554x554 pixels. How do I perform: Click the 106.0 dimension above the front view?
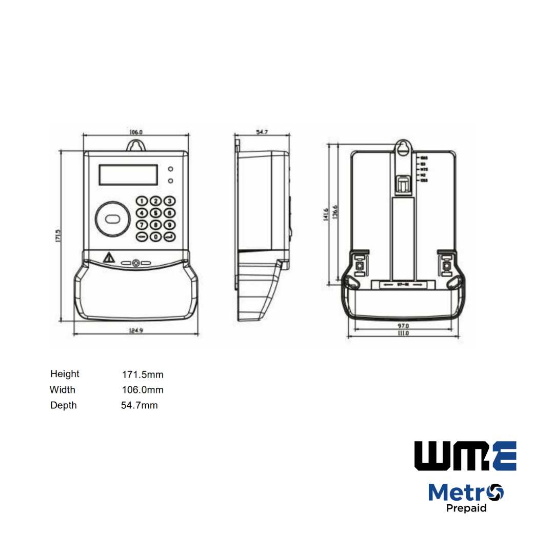point(136,132)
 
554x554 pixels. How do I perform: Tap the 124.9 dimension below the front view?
point(136,331)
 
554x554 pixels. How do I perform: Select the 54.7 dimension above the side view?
point(262,132)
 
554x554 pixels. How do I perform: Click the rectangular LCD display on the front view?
point(128,175)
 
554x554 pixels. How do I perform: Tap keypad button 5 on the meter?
point(156,213)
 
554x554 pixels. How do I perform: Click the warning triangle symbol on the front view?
point(109,258)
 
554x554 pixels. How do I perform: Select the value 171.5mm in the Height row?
point(143,374)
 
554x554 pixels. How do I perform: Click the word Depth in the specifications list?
point(64,405)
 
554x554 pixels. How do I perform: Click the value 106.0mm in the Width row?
point(143,390)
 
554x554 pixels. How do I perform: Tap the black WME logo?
point(465,456)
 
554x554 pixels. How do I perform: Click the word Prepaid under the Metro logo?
point(466,508)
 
